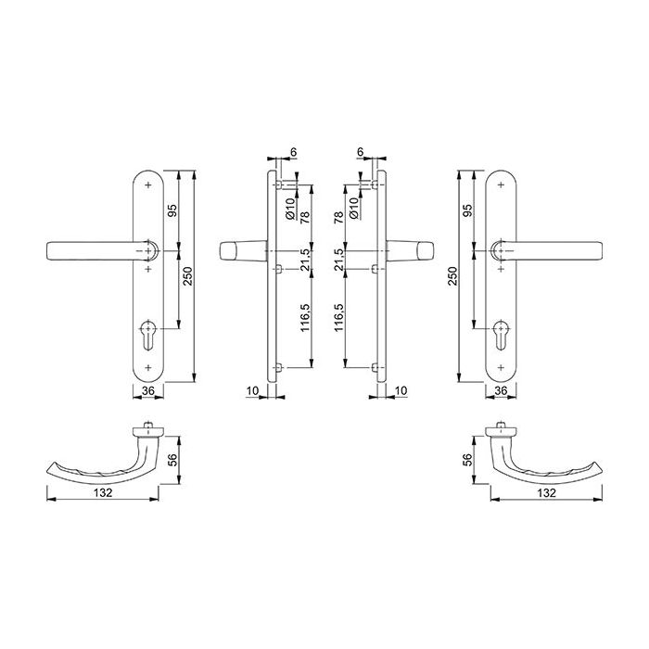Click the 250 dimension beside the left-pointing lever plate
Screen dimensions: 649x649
188,276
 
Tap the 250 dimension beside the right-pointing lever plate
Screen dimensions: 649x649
452,276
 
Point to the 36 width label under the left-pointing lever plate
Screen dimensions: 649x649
147,390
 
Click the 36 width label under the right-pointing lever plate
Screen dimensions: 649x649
502,390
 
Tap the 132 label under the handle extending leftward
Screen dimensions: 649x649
103,492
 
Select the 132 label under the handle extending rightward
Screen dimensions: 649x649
546,492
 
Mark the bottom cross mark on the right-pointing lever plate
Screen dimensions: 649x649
502,367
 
